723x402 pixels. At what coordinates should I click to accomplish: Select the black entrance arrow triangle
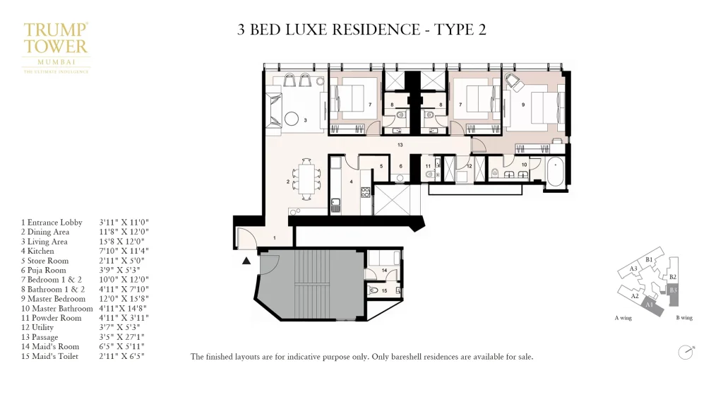246,261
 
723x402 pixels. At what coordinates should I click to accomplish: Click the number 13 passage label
400,145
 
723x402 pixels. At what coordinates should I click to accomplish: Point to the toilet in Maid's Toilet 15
374,290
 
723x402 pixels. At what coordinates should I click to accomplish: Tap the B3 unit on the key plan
673,290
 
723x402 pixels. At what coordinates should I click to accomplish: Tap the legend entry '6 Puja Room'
43,270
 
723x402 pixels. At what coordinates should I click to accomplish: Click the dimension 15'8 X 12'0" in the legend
124,242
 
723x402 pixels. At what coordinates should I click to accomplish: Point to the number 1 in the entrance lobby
275,238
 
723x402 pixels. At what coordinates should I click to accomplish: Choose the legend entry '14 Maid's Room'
49,347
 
